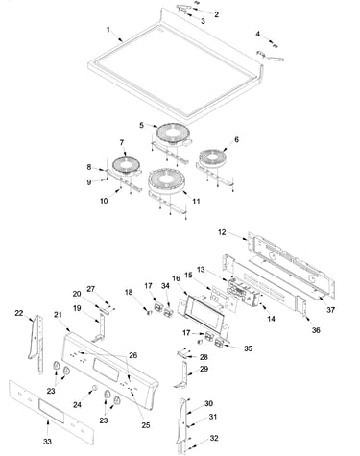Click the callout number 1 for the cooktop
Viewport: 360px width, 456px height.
[x=108, y=30]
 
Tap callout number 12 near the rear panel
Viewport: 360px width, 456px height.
[x=222, y=232]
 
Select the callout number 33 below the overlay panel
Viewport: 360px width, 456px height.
[x=47, y=442]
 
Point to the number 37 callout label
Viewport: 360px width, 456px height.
[x=330, y=310]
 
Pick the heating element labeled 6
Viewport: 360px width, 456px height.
[x=213, y=158]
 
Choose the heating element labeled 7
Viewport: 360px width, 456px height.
[x=127, y=166]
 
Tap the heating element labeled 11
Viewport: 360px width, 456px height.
[x=167, y=181]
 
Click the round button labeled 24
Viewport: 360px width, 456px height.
[x=94, y=388]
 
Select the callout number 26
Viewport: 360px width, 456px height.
[x=133, y=355]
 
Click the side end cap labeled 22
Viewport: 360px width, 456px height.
[x=36, y=344]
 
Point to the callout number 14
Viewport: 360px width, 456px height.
[x=271, y=319]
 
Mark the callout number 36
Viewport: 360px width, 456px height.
[x=316, y=330]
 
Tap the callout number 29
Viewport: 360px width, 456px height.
[x=204, y=369]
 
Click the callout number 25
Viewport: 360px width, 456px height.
[x=146, y=425]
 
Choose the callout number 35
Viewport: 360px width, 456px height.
[x=248, y=348]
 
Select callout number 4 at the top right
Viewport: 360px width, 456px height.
[x=258, y=34]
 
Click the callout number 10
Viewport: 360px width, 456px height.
[x=104, y=201]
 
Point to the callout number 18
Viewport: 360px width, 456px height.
[x=129, y=292]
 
